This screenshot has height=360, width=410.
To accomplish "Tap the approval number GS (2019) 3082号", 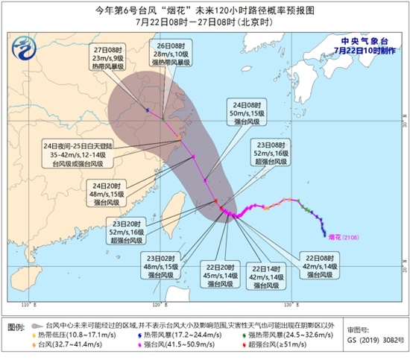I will [373, 347].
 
